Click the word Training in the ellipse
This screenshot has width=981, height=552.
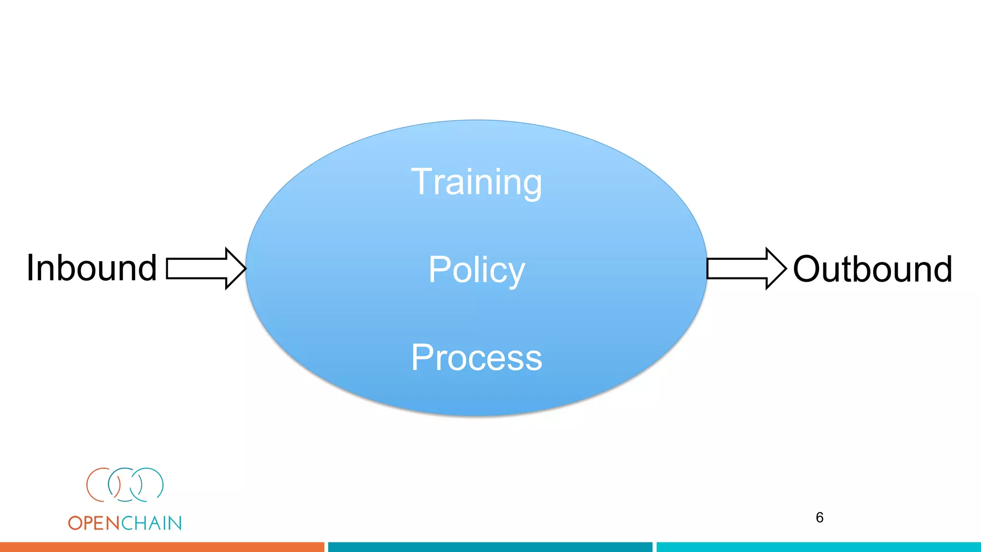point(476,182)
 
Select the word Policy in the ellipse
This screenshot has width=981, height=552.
point(476,270)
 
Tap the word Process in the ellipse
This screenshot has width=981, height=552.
point(476,357)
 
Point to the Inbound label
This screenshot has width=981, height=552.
point(91,268)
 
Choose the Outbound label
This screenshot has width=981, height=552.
point(872,269)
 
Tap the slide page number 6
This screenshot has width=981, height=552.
point(820,517)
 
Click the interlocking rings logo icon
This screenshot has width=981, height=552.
point(125,485)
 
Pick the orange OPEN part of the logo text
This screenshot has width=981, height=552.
point(94,523)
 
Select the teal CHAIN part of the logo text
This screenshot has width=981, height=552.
point(151,523)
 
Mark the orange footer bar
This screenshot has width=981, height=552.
point(162,547)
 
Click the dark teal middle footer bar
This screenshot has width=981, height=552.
point(490,547)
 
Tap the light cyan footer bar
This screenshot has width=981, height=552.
point(818,547)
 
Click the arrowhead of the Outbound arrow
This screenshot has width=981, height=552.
point(776,268)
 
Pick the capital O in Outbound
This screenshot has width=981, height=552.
point(809,269)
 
